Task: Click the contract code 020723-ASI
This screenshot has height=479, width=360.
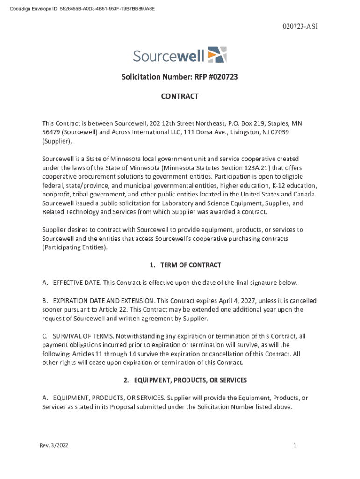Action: click(300, 26)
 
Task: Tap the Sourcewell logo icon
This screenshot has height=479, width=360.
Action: click(217, 55)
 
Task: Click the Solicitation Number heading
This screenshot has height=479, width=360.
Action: click(180, 76)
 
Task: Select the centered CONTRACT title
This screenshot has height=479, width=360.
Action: click(180, 96)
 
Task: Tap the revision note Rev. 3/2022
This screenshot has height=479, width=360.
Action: click(54, 445)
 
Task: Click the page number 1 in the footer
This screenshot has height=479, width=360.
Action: click(295, 445)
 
